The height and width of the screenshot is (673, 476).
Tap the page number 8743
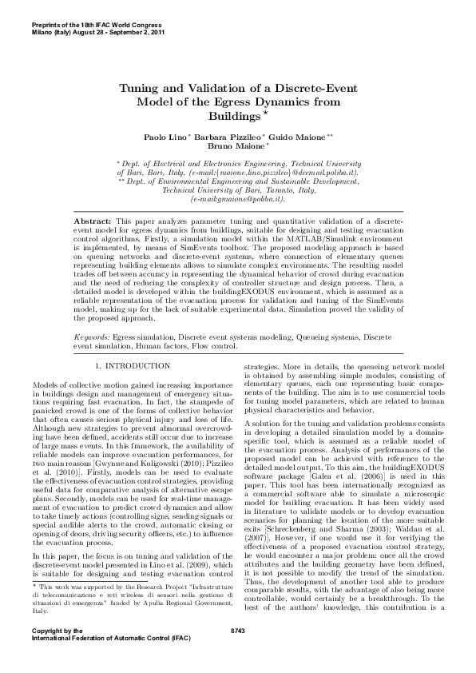237,654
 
